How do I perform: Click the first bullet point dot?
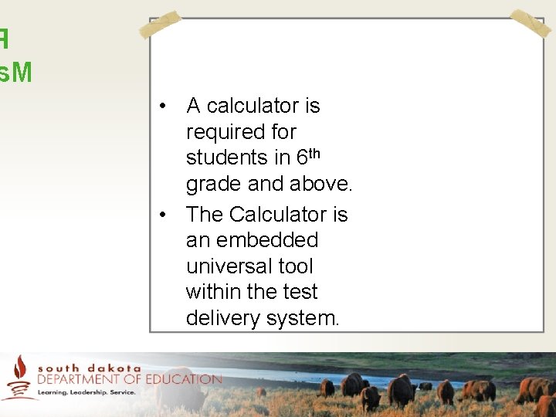click(x=164, y=106)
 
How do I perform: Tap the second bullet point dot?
click(x=164, y=214)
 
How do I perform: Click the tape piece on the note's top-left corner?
click(x=160, y=25)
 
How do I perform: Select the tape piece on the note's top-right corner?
click(x=531, y=24)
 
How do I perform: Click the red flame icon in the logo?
click(x=20, y=369)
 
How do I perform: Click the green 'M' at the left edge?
click(x=22, y=73)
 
